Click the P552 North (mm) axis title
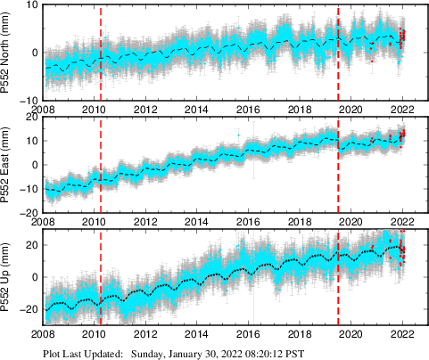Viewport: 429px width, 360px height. pyautogui.click(x=8, y=52)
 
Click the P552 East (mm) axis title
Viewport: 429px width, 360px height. pyautogui.click(x=8, y=165)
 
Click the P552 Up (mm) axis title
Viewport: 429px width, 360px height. pyautogui.click(x=8, y=277)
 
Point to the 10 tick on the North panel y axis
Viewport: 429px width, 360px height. pyautogui.click(x=31, y=5)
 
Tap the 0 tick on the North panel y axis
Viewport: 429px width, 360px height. pyautogui.click(x=34, y=53)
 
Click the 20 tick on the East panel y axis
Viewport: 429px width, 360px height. pyautogui.click(x=31, y=118)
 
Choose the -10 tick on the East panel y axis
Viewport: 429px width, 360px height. pyautogui.click(x=29, y=189)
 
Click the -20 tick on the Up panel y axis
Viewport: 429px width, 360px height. pyautogui.click(x=29, y=309)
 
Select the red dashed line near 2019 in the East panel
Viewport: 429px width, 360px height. pyautogui.click(x=339, y=178)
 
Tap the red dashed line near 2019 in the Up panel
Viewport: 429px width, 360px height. pyautogui.click(x=339, y=294)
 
